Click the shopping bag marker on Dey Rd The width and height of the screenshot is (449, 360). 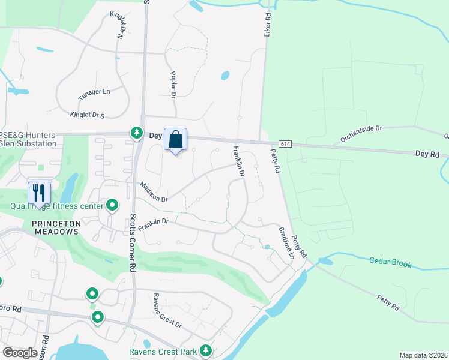click(x=175, y=140)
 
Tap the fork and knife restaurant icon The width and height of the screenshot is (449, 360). click(x=39, y=193)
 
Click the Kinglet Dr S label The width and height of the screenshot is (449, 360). click(x=87, y=115)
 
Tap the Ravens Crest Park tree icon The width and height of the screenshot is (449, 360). click(x=206, y=350)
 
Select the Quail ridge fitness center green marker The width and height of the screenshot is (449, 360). click(x=112, y=206)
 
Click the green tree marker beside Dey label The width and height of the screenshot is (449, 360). click(x=137, y=133)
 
